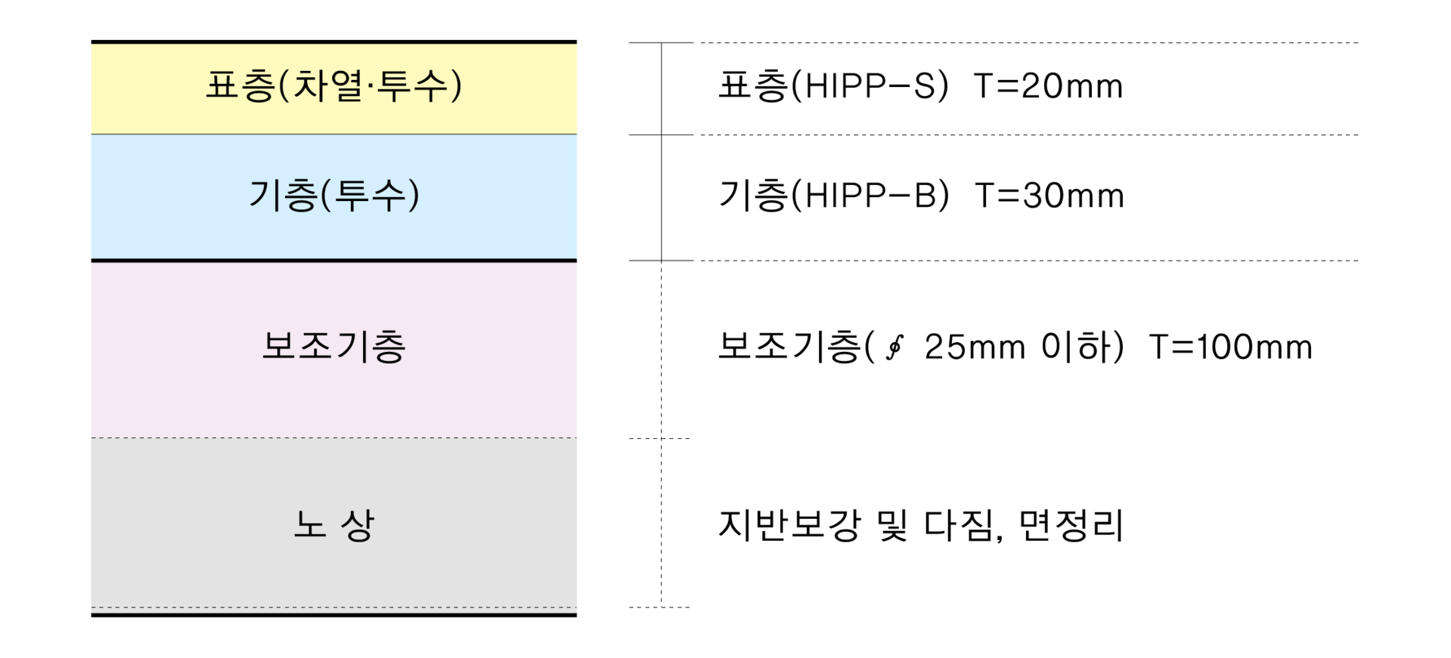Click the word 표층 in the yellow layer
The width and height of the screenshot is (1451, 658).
[x=240, y=85]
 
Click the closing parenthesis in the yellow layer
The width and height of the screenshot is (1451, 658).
[x=455, y=85]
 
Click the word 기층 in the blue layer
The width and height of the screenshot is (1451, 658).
[x=283, y=196]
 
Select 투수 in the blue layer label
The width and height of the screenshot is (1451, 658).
[x=370, y=196]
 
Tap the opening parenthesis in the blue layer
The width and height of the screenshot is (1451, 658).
[x=326, y=196]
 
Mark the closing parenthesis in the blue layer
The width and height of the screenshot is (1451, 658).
[x=413, y=196]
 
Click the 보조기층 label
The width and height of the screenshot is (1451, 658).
[x=333, y=347]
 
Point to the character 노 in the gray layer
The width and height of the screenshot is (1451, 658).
[x=309, y=524]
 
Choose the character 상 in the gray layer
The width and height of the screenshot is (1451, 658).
[x=358, y=524]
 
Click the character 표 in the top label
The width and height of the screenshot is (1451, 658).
[x=222, y=85]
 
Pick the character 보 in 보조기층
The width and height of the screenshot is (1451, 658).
[x=278, y=347]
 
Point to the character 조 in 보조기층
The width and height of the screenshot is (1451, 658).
[x=315, y=347]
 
